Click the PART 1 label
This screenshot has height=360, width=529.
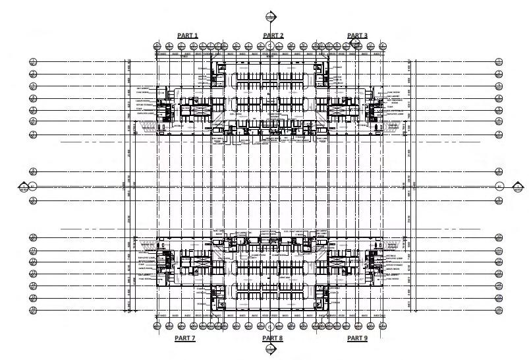188,35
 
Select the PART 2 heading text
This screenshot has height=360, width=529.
273,35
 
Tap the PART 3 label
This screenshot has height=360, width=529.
357,35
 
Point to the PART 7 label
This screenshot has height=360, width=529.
184,338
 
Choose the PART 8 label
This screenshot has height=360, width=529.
272,338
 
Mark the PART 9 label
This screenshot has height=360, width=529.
357,338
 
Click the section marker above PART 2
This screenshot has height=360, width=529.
270,17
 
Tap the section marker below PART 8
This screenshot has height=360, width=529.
270,349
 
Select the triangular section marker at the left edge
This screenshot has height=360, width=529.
23,187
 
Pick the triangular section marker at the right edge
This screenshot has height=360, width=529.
515,187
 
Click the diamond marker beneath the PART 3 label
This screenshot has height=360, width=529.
355,44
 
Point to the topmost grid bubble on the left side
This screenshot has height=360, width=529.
34,62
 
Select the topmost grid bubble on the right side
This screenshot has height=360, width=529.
499,62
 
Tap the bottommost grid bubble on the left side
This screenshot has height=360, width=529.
34,310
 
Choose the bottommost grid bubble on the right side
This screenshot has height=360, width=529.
499,310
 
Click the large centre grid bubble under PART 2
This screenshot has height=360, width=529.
270,45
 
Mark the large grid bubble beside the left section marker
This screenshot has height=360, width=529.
34,187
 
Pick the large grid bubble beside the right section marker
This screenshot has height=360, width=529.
499,187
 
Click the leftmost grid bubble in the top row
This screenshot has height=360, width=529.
157,46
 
